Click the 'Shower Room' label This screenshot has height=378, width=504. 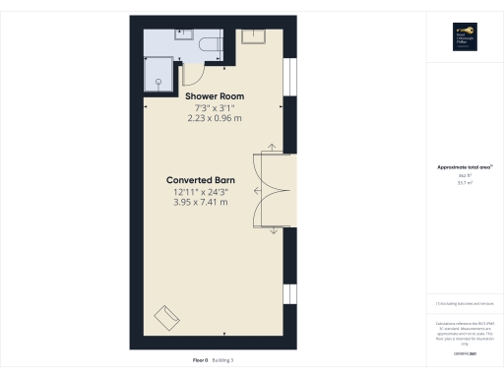(215, 95)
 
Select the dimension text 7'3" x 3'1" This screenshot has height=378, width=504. (215, 106)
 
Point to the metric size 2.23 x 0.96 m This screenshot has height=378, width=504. (215, 117)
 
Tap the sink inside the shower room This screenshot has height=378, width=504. (184, 34)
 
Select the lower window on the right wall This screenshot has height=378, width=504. (289, 295)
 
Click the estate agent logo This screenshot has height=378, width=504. (464, 35)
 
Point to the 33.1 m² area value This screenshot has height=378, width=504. (463, 183)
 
